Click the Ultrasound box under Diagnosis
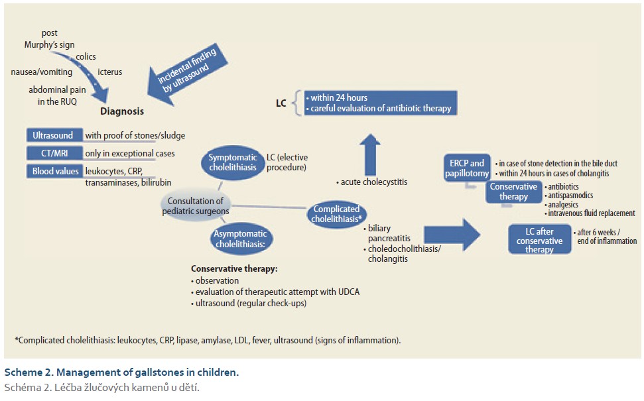pyautogui.click(x=53, y=135)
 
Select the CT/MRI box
pyautogui.click(x=53, y=153)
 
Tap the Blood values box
pyautogui.click(x=54, y=171)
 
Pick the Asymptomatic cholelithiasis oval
pyautogui.click(x=240, y=239)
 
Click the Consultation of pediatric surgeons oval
pyautogui.click(x=197, y=206)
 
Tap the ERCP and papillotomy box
pyautogui.click(x=468, y=168)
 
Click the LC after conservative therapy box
pyautogui.click(x=539, y=239)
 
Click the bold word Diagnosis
pyautogui.click(x=122, y=111)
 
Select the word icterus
pyautogui.click(x=109, y=72)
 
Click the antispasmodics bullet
pyautogui.click(x=570, y=196)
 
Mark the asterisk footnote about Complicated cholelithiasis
pyautogui.click(x=208, y=340)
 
